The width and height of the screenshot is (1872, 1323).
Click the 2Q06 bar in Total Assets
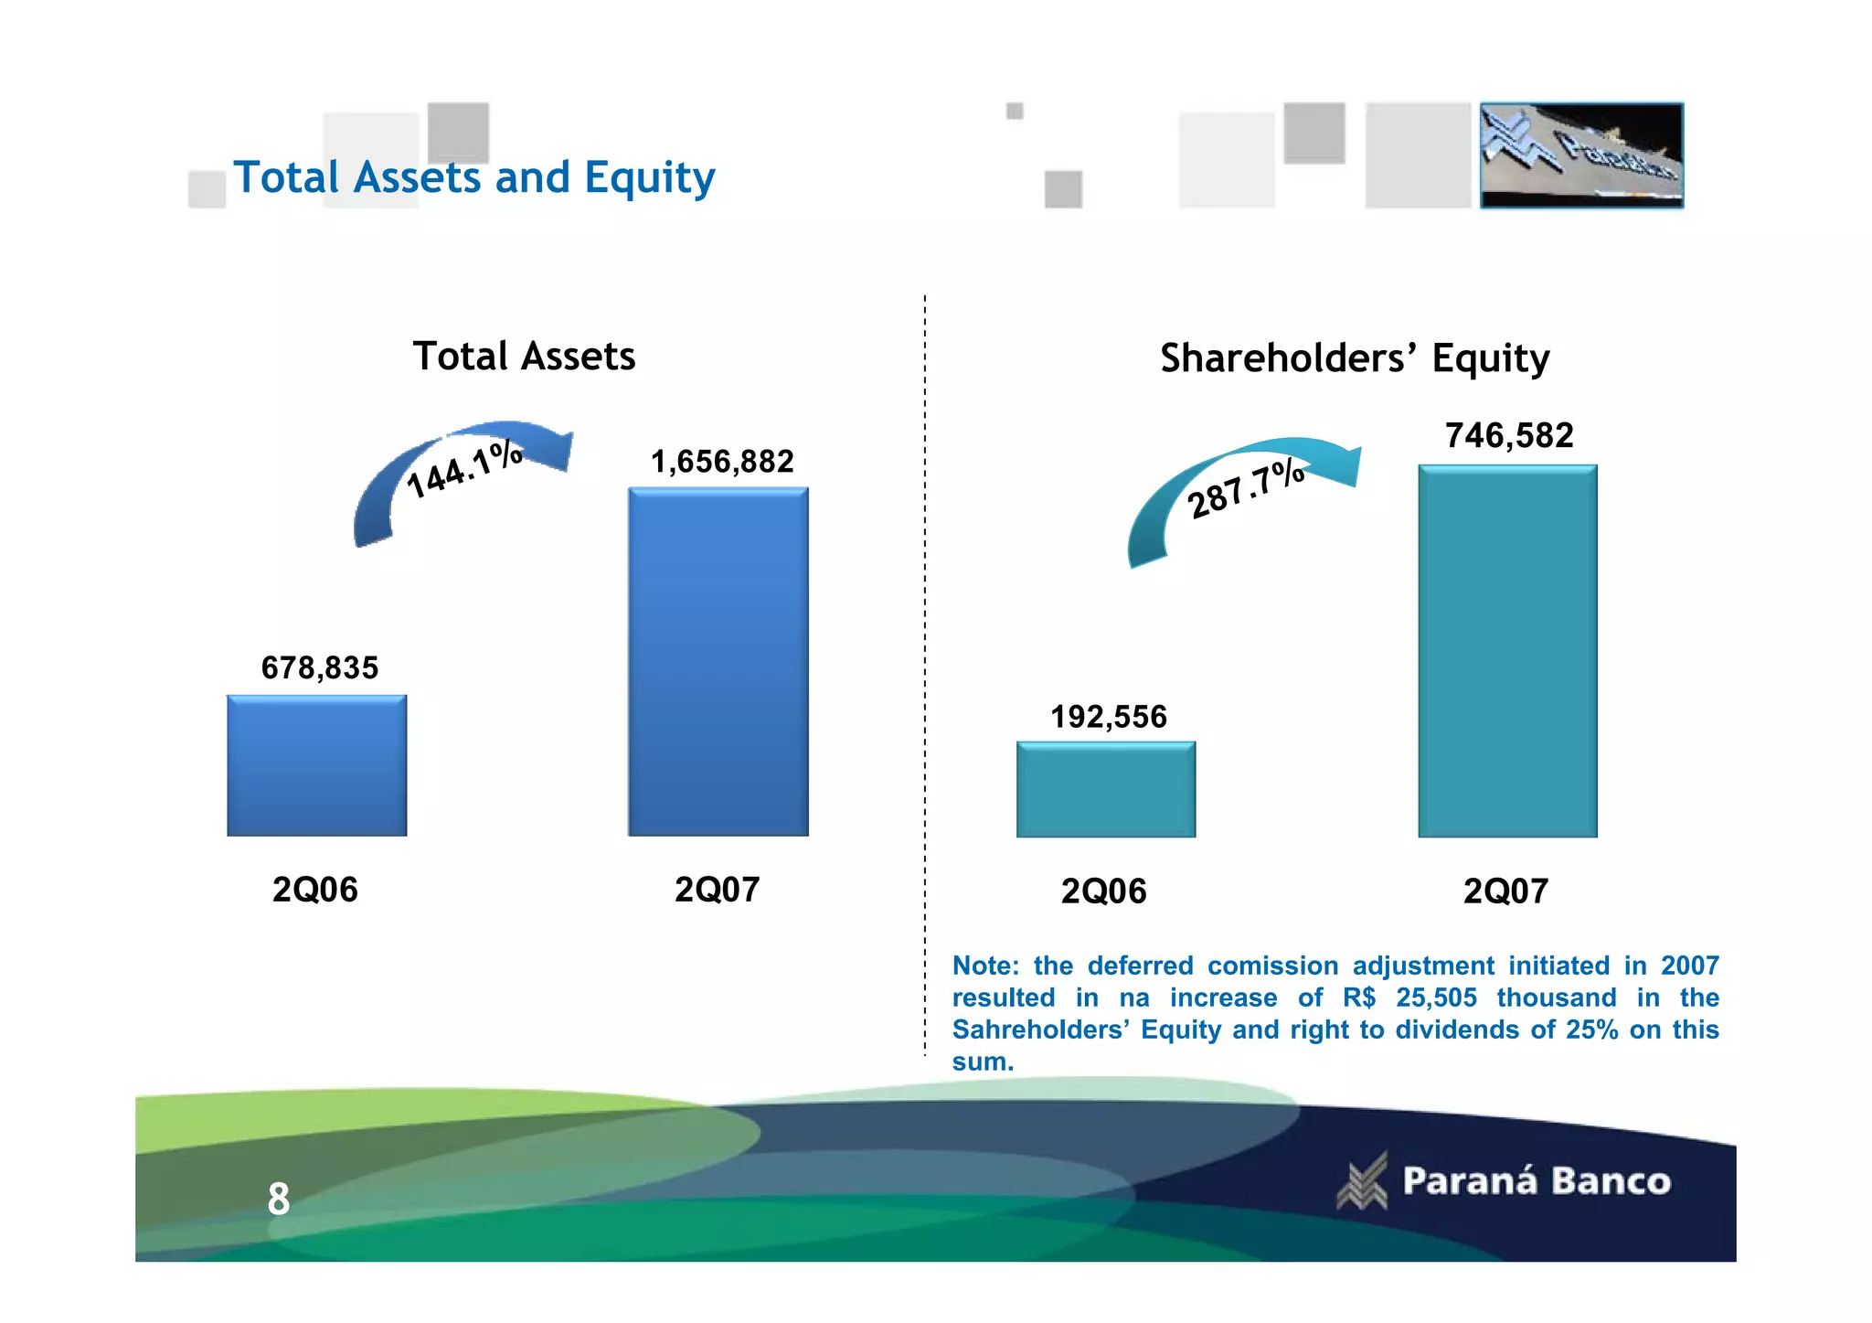point(316,765)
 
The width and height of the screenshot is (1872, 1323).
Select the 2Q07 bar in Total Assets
point(718,661)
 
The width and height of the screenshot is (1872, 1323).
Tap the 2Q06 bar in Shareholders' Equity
point(1106,789)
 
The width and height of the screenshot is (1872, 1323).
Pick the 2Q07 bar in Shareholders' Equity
point(1507,651)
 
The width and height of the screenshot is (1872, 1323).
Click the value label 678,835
point(320,668)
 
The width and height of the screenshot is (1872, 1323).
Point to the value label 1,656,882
point(722,462)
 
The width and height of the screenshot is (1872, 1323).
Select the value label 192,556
point(1109,717)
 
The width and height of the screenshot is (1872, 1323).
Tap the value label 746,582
point(1509,435)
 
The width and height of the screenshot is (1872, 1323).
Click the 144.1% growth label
point(464,469)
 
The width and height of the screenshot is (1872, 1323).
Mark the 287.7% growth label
point(1245,489)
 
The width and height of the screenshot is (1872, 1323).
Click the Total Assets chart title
point(524,356)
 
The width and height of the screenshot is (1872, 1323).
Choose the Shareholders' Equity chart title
point(1355,358)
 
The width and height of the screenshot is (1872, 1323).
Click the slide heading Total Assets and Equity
point(474,177)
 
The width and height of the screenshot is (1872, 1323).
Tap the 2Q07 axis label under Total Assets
point(718,890)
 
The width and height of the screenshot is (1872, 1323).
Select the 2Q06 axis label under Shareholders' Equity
point(1103,891)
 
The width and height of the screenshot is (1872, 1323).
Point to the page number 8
point(279,1199)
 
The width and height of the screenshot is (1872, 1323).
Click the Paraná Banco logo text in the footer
point(1537,1181)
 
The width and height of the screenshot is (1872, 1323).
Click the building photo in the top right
point(1581,155)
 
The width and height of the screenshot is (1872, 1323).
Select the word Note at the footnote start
point(984,966)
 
